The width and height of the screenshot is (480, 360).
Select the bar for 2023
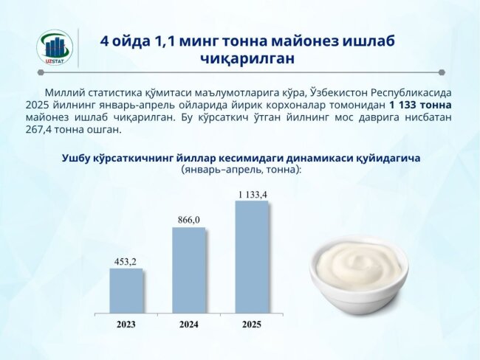(126, 290)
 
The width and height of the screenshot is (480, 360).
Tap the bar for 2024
(189, 270)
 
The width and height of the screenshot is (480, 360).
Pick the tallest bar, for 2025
(252, 257)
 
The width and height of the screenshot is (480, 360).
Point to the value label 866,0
(188, 221)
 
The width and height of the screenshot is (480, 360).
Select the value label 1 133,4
(252, 194)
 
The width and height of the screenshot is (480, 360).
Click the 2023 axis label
(126, 323)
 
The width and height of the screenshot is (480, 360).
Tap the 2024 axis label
(188, 323)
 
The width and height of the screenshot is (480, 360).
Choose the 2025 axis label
(251, 323)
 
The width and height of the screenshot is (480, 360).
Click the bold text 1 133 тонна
(420, 105)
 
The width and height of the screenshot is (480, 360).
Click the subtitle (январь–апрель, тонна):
(241, 169)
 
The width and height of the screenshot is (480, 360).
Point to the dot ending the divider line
(441, 72)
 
